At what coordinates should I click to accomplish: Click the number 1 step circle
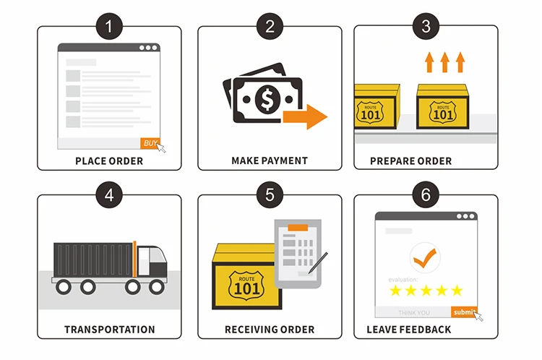click(x=109, y=27)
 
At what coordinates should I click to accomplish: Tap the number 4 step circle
click(x=109, y=194)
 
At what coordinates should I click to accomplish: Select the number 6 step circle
click(x=426, y=194)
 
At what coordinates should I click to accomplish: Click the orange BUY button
click(x=150, y=143)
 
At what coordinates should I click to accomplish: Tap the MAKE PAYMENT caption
click(x=270, y=161)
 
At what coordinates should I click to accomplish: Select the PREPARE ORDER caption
click(x=426, y=161)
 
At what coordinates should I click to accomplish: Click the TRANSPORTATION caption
click(x=109, y=330)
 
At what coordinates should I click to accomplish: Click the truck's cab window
click(x=154, y=254)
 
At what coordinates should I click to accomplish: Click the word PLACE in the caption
click(x=90, y=161)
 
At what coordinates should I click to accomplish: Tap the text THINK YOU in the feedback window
click(x=414, y=312)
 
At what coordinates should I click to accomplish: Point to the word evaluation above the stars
click(x=403, y=279)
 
